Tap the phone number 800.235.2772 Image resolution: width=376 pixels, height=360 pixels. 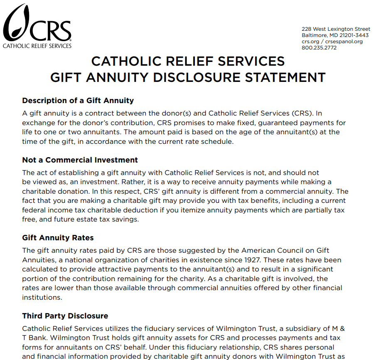point(319,48)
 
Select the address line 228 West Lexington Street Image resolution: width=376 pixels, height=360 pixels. point(336,29)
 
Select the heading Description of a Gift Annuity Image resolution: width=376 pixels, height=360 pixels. point(78,101)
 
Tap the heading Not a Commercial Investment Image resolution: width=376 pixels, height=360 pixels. point(80,160)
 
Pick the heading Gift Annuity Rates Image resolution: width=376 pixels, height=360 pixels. point(58,238)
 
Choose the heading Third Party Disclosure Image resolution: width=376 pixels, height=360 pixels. point(65,316)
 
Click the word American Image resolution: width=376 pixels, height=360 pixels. point(263,250)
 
